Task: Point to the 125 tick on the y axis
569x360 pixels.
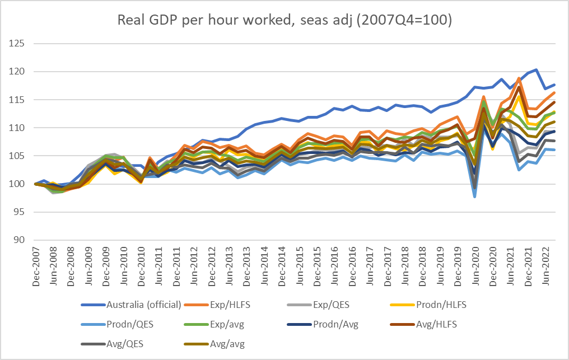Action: pos(18,44)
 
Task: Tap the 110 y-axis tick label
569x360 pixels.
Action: pos(18,128)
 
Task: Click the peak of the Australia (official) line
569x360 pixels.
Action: pos(537,70)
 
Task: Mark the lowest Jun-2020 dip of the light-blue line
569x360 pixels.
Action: pos(475,197)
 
